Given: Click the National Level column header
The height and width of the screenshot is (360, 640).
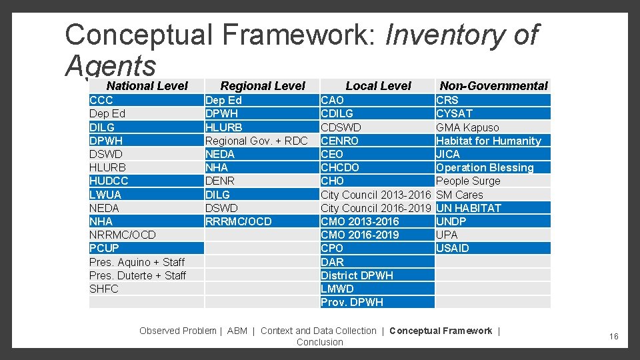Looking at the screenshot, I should (147, 85).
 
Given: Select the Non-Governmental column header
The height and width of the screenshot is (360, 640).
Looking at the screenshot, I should (493, 85).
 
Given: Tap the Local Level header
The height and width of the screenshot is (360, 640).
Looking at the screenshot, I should (378, 85).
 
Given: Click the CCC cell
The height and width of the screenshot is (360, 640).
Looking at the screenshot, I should (101, 100).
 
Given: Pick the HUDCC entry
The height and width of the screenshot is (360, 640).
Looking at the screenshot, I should (109, 181).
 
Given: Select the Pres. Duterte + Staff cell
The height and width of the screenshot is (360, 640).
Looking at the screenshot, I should (137, 275).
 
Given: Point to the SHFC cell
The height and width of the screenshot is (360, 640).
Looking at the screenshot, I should (104, 289).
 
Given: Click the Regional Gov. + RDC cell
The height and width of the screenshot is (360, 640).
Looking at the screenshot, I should (256, 141).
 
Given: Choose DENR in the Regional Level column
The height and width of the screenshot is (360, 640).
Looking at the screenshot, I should (220, 181).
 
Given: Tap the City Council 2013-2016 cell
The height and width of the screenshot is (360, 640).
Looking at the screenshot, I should (376, 195).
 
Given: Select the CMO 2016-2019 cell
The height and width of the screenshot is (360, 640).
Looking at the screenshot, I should (360, 235).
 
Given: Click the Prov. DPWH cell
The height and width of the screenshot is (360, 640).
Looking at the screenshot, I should (352, 302).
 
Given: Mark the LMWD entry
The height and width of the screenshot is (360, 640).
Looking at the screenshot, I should (337, 289).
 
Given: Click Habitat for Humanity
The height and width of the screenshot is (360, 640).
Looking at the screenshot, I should (488, 141).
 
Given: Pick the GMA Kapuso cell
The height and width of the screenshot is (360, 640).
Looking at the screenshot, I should (467, 127).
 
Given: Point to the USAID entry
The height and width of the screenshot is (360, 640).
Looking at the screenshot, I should (453, 248).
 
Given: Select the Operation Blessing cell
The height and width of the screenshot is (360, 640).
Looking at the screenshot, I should (485, 167).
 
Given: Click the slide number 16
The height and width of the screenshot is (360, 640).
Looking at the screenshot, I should (613, 337).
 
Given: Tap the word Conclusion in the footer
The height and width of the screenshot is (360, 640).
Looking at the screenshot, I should (320, 342).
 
